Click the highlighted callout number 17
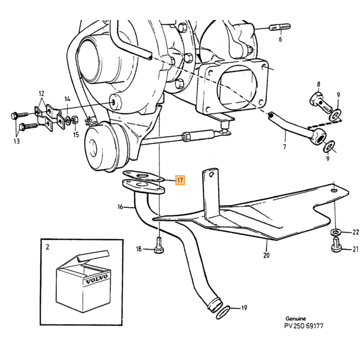180,180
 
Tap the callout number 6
280,39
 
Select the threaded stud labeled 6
279,27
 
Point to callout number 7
284,147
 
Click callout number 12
41,94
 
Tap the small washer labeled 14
68,119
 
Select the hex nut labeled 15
75,120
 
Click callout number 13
16,141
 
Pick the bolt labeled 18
158,245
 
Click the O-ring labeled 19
223,312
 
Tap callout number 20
266,255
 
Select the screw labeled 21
336,245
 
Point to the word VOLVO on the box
97,279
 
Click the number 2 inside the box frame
47,247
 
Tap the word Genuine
296,319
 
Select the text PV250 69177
303,326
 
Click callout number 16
120,207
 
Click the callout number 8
318,84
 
